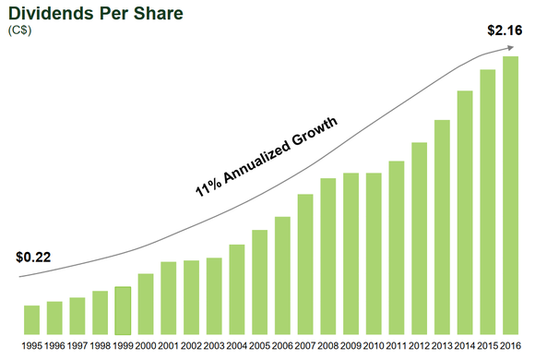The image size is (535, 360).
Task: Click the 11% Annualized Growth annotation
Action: click(267, 157)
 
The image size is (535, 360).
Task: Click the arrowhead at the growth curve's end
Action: click(510, 47)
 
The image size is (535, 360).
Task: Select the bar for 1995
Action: click(31, 319)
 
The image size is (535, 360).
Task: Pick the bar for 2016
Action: click(511, 195)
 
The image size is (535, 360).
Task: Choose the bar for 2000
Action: click(146, 304)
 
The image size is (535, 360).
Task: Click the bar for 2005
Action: click(260, 282)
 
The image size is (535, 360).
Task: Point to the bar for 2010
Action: click(374, 253)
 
